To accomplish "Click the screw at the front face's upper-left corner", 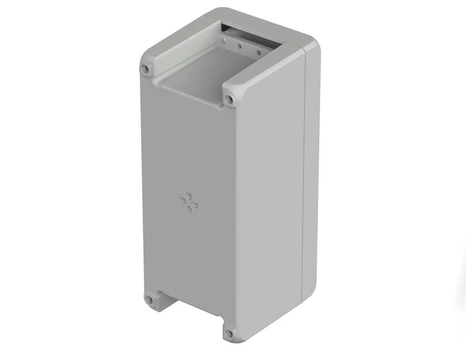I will click(x=145, y=69).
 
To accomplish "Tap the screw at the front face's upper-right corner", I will click(x=229, y=99).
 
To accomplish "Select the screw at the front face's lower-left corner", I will click(x=149, y=300).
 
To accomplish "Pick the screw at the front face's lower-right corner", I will click(x=229, y=333).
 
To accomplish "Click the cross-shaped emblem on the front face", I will click(x=189, y=202).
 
